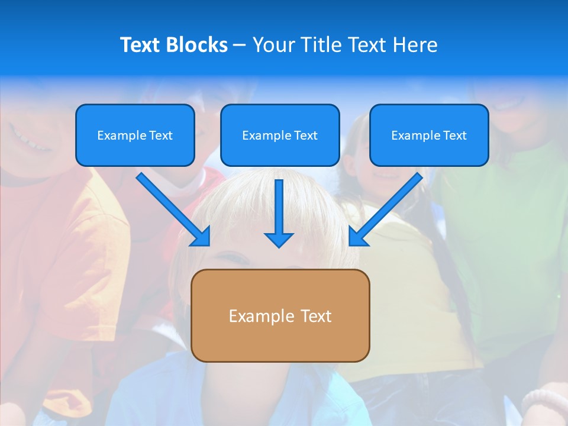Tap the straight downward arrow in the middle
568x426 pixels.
(279, 207)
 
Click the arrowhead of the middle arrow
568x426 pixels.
(279, 240)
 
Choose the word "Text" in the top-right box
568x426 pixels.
(454, 135)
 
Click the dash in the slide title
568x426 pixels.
(240, 45)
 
